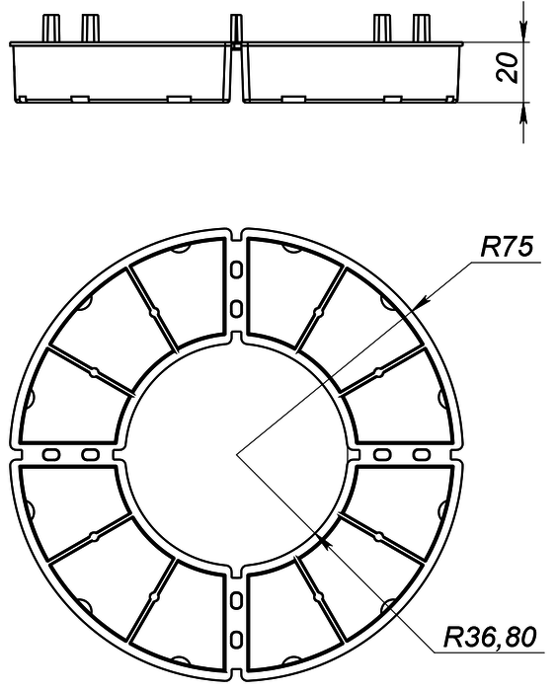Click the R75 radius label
click(507, 247)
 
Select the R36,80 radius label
click(490, 637)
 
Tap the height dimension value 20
click(507, 67)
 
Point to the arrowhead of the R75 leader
click(422, 300)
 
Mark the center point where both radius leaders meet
click(237, 454)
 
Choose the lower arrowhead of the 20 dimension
click(523, 113)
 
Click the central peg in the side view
click(236, 29)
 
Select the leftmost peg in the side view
click(50, 29)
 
